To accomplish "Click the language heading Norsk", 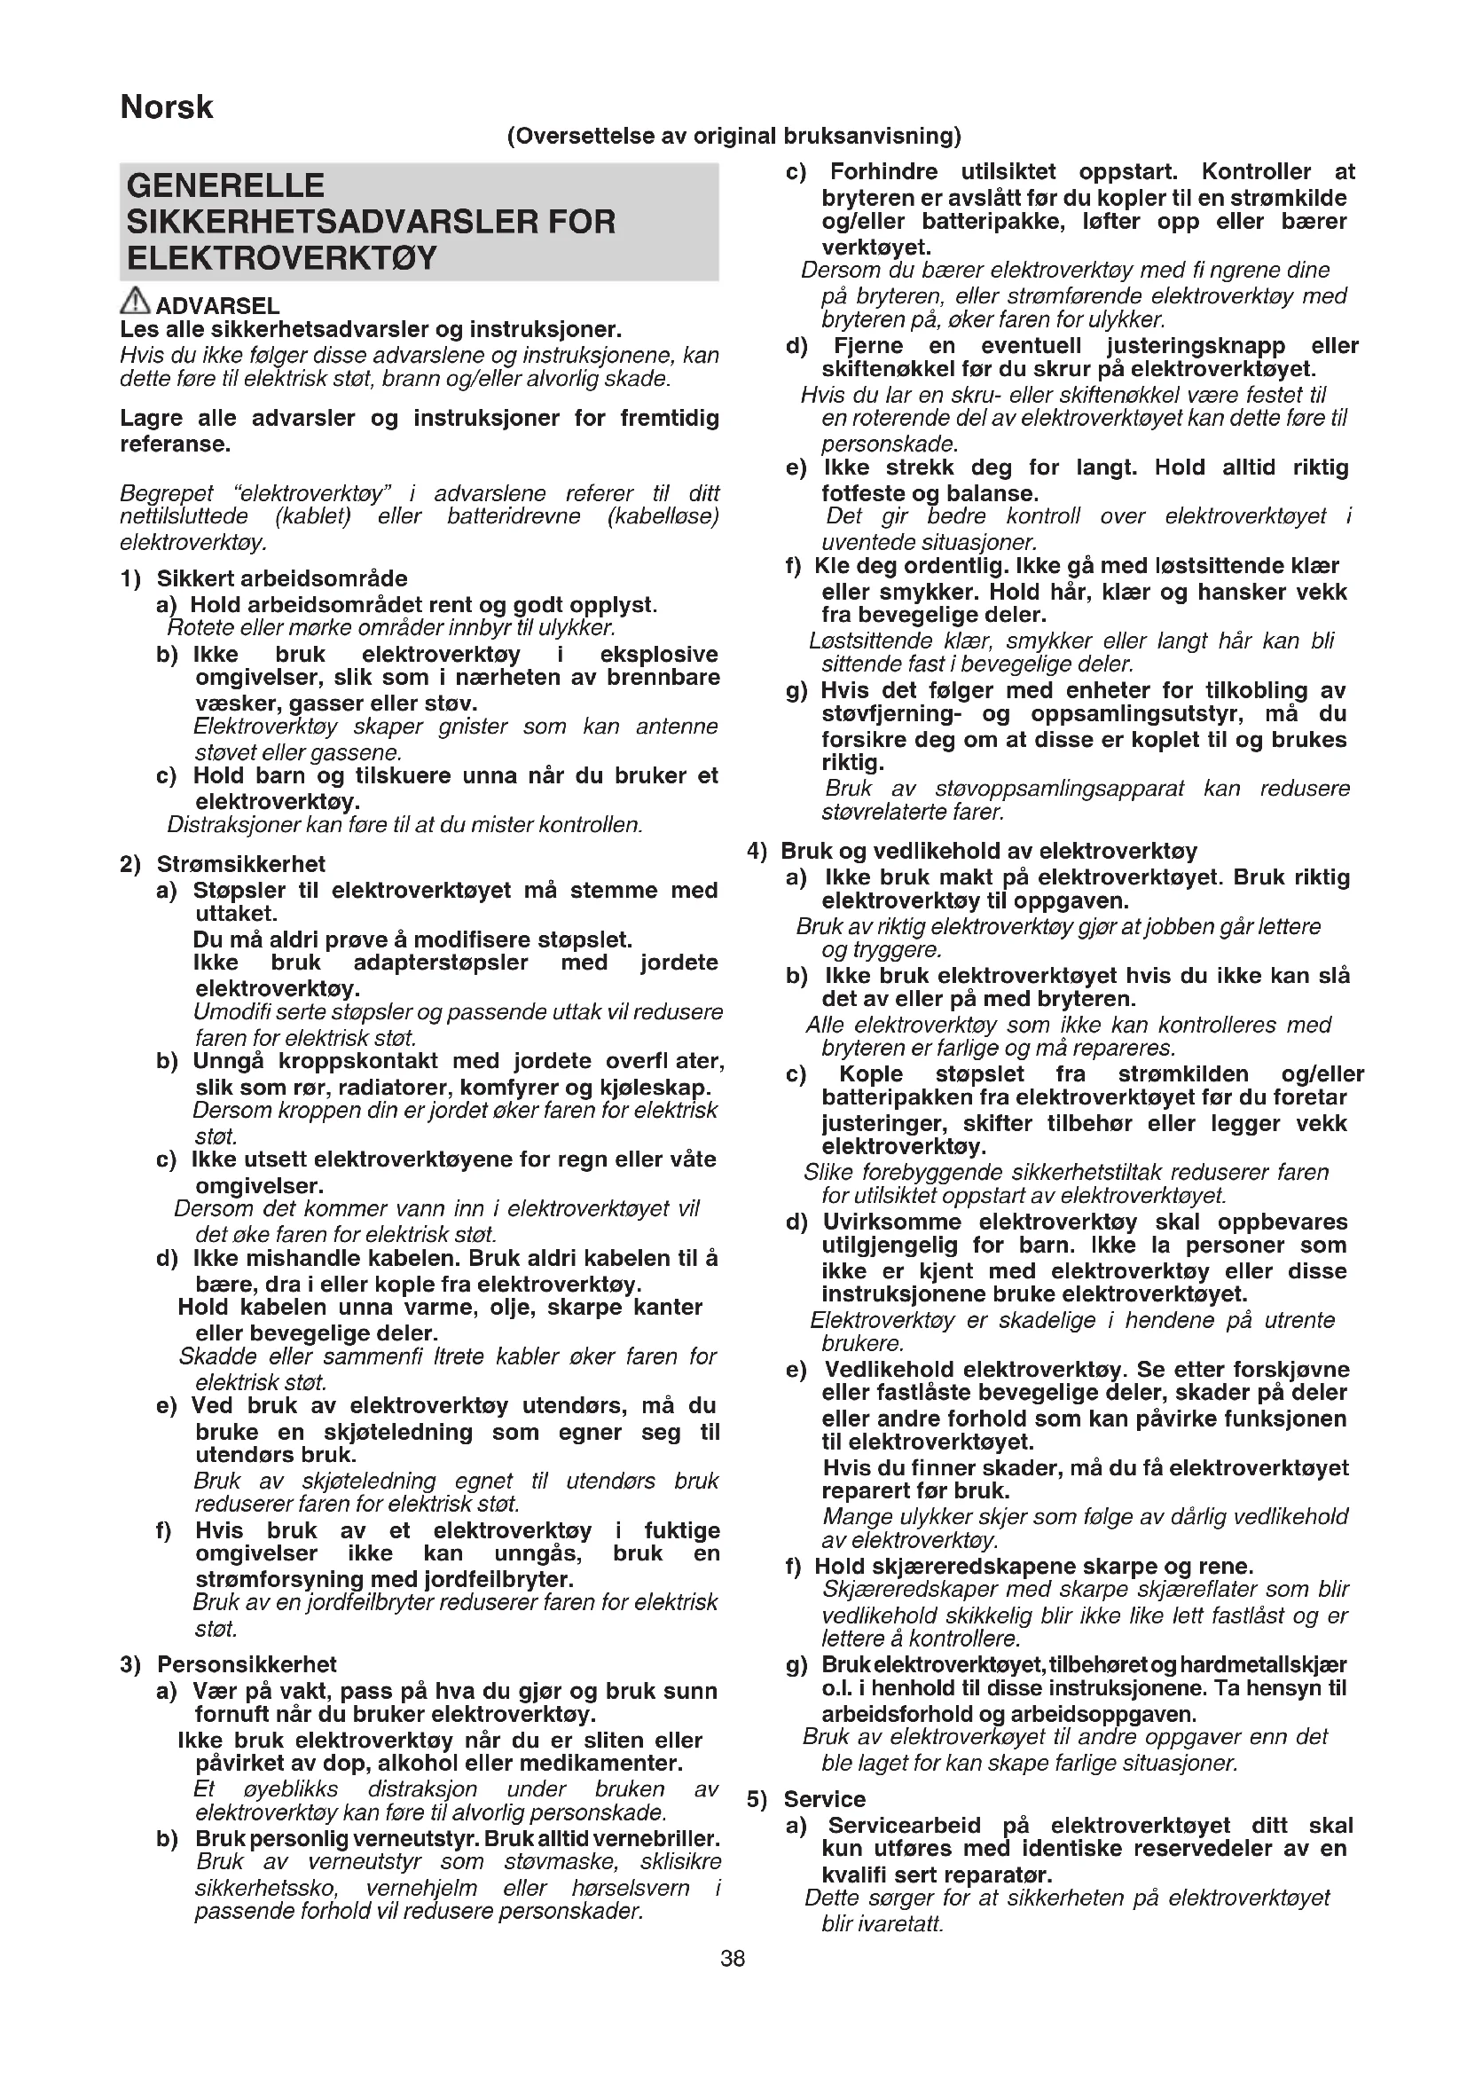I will point(166,107).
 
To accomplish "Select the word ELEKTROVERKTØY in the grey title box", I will point(282,258).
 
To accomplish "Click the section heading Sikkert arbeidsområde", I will point(282,578).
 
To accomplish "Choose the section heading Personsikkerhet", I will point(247,1664).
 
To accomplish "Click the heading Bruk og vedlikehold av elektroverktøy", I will point(988,852).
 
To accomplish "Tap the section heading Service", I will point(824,1799).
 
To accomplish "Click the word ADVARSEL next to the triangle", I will point(217,306).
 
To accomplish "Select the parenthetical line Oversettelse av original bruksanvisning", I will point(733,137).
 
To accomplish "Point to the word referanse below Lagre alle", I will point(175,444).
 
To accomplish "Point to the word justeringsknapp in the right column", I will point(1196,346).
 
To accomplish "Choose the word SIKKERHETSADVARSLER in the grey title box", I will point(372,223).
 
